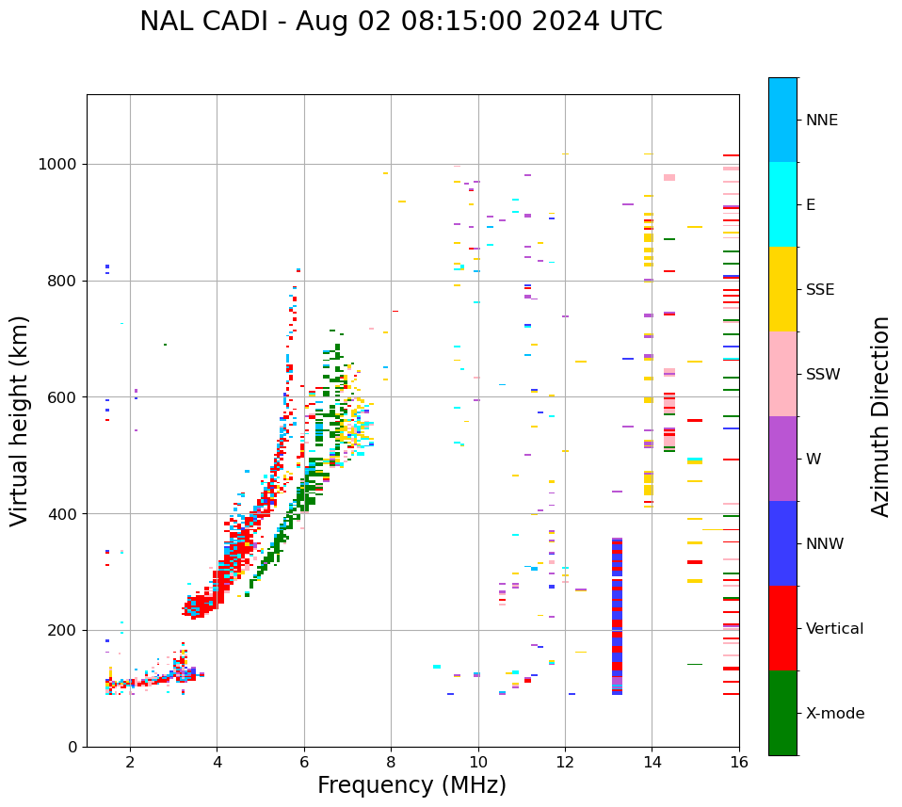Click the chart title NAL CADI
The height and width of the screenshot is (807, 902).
pyautogui.click(x=400, y=22)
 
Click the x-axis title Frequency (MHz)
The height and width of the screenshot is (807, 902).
pyautogui.click(x=411, y=785)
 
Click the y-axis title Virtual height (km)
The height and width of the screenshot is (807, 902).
pyautogui.click(x=20, y=420)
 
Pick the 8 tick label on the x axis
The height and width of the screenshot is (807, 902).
pyautogui.click(x=391, y=762)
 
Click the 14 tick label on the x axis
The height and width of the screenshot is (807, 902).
pyautogui.click(x=652, y=762)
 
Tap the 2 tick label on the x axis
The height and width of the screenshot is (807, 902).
pyautogui.click(x=130, y=762)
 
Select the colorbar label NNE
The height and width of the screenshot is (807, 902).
pyautogui.click(x=821, y=121)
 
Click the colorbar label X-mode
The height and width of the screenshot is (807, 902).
pyautogui.click(x=834, y=714)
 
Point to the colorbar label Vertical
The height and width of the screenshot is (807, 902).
pyautogui.click(x=834, y=629)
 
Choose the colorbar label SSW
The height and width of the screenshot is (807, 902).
pyautogui.click(x=823, y=375)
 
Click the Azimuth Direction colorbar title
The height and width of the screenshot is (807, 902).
pyautogui.click(x=880, y=416)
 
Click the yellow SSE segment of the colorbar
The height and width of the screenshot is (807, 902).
pyautogui.click(x=782, y=289)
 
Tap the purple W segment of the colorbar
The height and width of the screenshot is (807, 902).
pyautogui.click(x=782, y=459)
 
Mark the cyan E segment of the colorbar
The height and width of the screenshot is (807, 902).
pyautogui.click(x=782, y=204)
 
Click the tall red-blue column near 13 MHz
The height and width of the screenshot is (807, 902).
pyautogui.click(x=617, y=617)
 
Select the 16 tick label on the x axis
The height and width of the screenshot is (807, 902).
pyautogui.click(x=739, y=762)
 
